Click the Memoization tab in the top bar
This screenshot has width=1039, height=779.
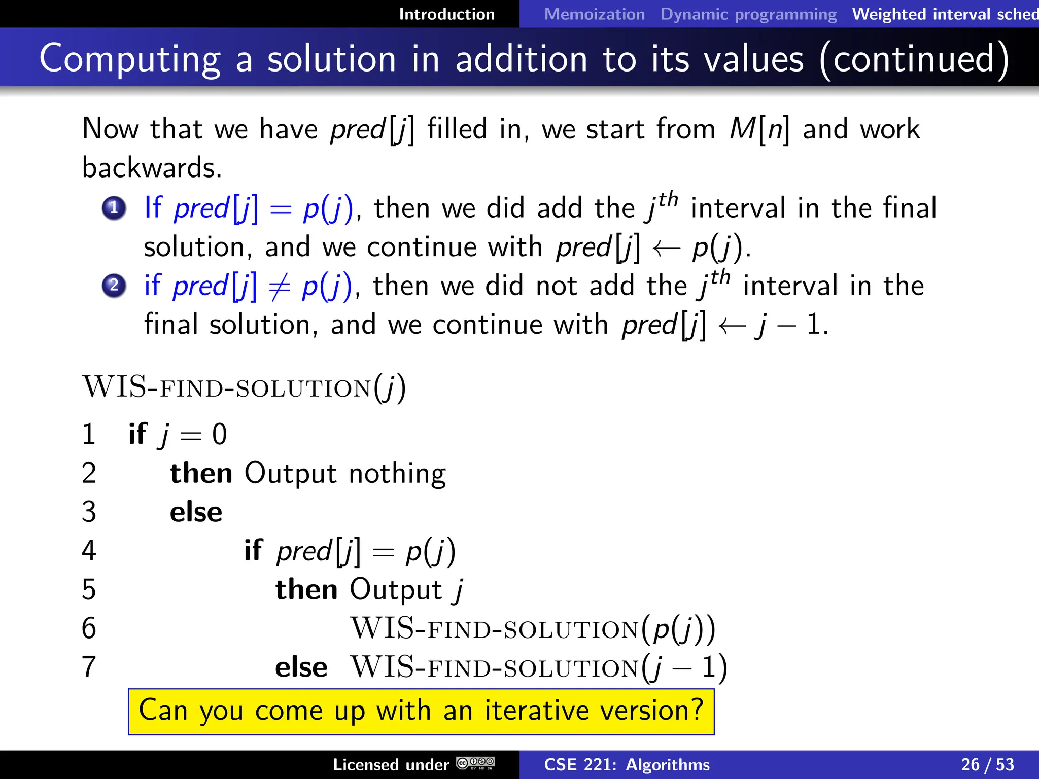(594, 14)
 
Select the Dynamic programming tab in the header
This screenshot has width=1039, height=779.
(748, 14)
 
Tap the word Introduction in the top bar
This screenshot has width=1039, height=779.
(446, 14)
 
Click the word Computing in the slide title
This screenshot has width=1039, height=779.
(130, 59)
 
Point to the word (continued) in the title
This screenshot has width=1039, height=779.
(914, 59)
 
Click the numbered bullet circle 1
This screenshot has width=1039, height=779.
(114, 208)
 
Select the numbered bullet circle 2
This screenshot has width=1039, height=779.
(114, 286)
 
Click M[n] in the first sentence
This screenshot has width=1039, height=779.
(759, 129)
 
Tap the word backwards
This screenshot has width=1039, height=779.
(152, 168)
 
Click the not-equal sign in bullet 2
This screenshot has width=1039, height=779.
(280, 287)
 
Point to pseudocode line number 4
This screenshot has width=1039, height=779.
(89, 551)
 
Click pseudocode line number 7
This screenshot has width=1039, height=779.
(89, 667)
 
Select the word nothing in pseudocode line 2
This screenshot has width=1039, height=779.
(397, 474)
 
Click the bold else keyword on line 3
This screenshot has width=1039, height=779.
(196, 512)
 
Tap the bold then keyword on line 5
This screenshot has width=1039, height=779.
(306, 590)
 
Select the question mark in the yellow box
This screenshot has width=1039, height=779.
(697, 710)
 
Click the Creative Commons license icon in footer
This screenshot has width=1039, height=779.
(475, 763)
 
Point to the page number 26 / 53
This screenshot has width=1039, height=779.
(987, 764)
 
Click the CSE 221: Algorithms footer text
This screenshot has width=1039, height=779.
(627, 764)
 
